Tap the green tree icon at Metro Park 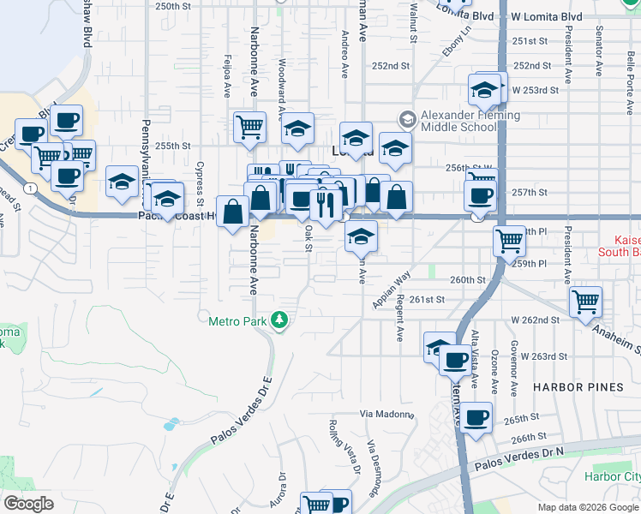tap(279, 320)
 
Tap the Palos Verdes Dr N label tap(523, 459)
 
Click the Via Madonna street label tap(386, 414)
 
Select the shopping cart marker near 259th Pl tap(510, 240)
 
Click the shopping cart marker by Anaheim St tap(585, 300)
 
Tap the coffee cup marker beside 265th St tap(477, 417)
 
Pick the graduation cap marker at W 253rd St tap(484, 88)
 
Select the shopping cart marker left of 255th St tap(249, 126)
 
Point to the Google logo tap(28, 504)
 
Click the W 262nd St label tap(536, 320)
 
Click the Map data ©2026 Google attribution tap(587, 507)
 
